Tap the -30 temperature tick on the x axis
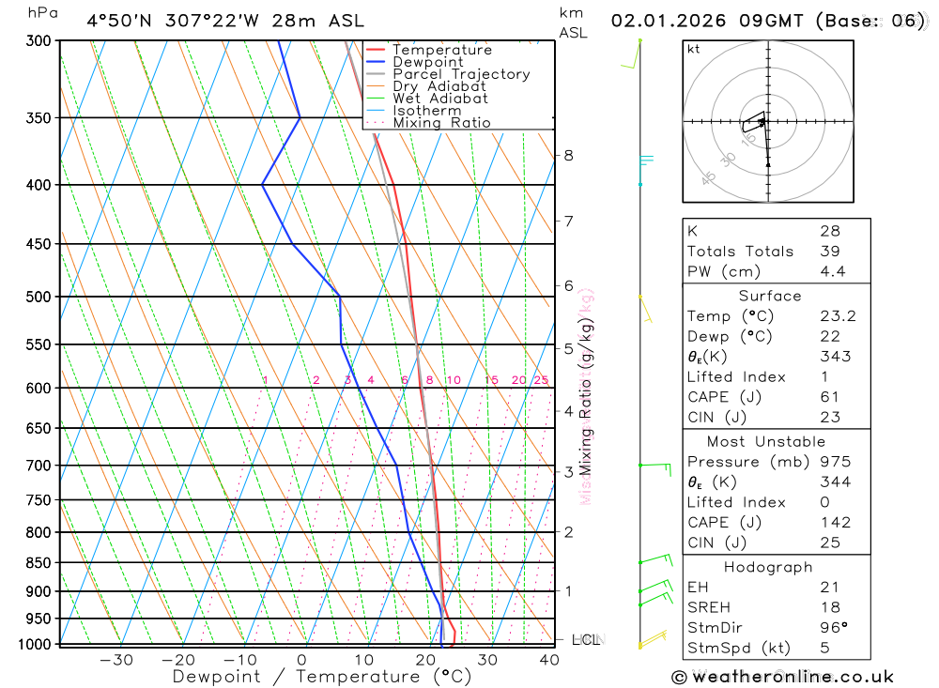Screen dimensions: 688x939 (x=115, y=660)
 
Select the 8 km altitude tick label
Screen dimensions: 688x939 (x=569, y=155)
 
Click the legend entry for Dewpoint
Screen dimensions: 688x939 (x=427, y=62)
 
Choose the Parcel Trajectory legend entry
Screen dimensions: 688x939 (x=461, y=74)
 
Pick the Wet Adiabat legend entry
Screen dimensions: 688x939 (x=439, y=99)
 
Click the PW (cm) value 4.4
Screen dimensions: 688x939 (x=832, y=271)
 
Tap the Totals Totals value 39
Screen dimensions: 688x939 (x=829, y=251)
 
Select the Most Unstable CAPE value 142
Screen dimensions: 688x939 (x=835, y=522)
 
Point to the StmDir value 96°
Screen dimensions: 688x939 (x=833, y=627)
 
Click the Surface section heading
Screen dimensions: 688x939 (x=770, y=296)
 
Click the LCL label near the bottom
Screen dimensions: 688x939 (x=586, y=640)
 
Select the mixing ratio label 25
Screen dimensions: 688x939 (x=541, y=380)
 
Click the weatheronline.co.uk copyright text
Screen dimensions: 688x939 (x=782, y=677)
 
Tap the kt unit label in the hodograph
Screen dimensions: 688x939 (x=694, y=49)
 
